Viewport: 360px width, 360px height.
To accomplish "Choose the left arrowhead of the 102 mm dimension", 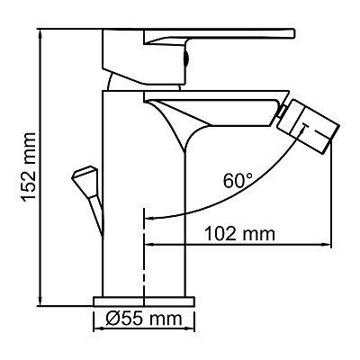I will [x=149, y=244].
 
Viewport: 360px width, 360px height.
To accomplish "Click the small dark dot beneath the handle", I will [x=187, y=64].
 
